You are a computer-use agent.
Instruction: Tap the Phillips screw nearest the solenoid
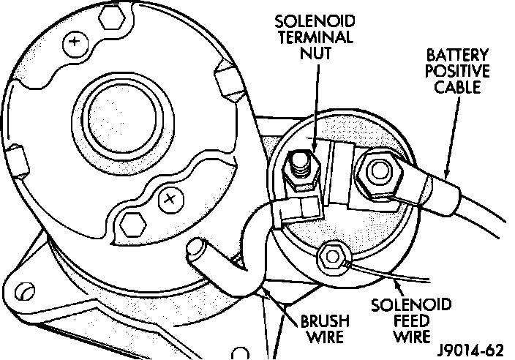(x=169, y=197)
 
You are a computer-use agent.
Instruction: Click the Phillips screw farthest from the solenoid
(x=74, y=43)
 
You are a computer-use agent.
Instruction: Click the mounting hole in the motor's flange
(x=23, y=292)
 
